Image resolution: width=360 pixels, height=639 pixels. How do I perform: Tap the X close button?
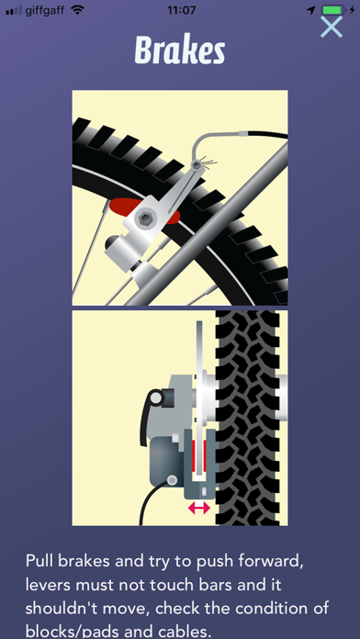point(331,27)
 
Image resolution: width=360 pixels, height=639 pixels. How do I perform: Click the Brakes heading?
point(180,50)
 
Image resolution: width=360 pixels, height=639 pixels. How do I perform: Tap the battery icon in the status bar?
point(333,10)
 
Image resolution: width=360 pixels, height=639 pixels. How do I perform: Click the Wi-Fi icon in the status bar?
point(77,10)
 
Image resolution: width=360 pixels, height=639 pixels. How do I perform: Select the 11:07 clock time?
point(181,10)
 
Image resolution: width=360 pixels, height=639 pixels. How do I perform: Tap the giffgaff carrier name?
point(45,11)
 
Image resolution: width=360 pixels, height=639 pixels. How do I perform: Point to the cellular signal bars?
point(14,11)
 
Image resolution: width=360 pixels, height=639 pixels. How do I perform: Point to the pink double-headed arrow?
point(199,508)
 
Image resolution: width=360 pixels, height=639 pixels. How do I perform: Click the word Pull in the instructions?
point(39,562)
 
